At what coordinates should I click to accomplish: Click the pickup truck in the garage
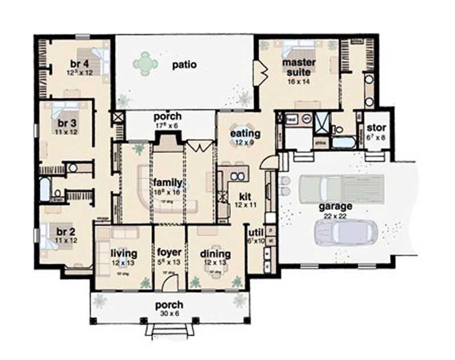(x=325, y=188)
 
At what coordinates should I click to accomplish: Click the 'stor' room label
(x=377, y=127)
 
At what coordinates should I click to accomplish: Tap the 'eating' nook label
(x=245, y=134)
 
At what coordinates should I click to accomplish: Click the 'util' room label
(x=255, y=232)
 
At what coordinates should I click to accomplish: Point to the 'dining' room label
(x=215, y=254)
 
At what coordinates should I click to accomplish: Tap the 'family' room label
(x=168, y=183)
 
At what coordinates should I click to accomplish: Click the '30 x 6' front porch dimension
(x=169, y=314)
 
